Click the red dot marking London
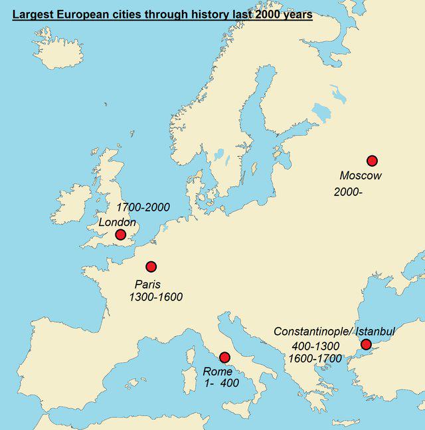click(x=120, y=235)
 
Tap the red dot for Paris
click(x=151, y=267)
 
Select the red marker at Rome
click(x=224, y=358)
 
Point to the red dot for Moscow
click(x=372, y=160)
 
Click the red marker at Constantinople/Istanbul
click(x=365, y=344)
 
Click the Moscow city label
click(x=361, y=176)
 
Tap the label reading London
click(x=118, y=222)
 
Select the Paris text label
click(x=147, y=284)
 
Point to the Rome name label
click(x=218, y=372)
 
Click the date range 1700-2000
click(x=143, y=207)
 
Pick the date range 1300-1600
click(x=156, y=297)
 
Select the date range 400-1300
click(x=315, y=346)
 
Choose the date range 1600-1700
click(x=315, y=359)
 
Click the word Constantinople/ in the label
click(x=313, y=332)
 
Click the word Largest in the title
click(x=33, y=14)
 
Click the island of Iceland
click(x=58, y=48)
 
